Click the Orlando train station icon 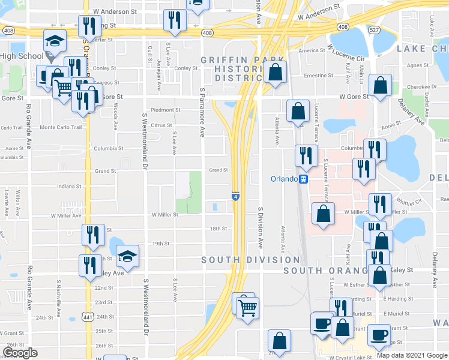pos(304,179)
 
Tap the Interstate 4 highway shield pos(236,196)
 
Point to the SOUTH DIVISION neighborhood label pos(250,260)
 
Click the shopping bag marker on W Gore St pos(381,86)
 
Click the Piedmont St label pos(165,110)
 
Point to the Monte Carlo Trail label pos(59,127)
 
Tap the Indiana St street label pos(69,186)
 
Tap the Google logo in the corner pos(20,352)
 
